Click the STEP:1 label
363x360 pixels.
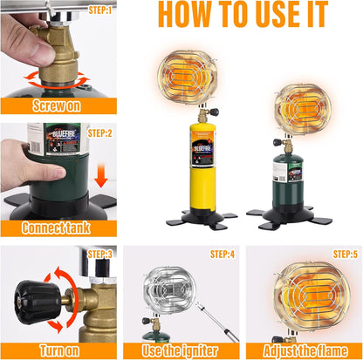tap(100, 10)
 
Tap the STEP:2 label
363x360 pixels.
tap(99, 133)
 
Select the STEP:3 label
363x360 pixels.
tap(99, 255)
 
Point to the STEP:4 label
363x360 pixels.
tap(223, 255)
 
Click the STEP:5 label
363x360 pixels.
tap(346, 255)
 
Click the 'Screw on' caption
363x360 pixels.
tap(57, 105)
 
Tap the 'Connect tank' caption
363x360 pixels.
tap(56, 228)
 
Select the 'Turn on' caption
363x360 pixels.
tap(59, 350)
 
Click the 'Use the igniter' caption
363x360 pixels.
tap(180, 350)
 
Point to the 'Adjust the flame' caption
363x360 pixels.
tap(305, 350)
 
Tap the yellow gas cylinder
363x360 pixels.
tap(203, 168)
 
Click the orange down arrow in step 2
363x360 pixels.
tap(101, 175)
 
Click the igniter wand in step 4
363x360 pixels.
tap(217, 322)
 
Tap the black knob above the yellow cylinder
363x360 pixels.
tap(215, 112)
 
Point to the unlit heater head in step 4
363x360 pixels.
tap(168, 290)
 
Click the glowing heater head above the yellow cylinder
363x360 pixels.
tap(188, 77)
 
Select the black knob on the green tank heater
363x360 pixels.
tap(277, 142)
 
